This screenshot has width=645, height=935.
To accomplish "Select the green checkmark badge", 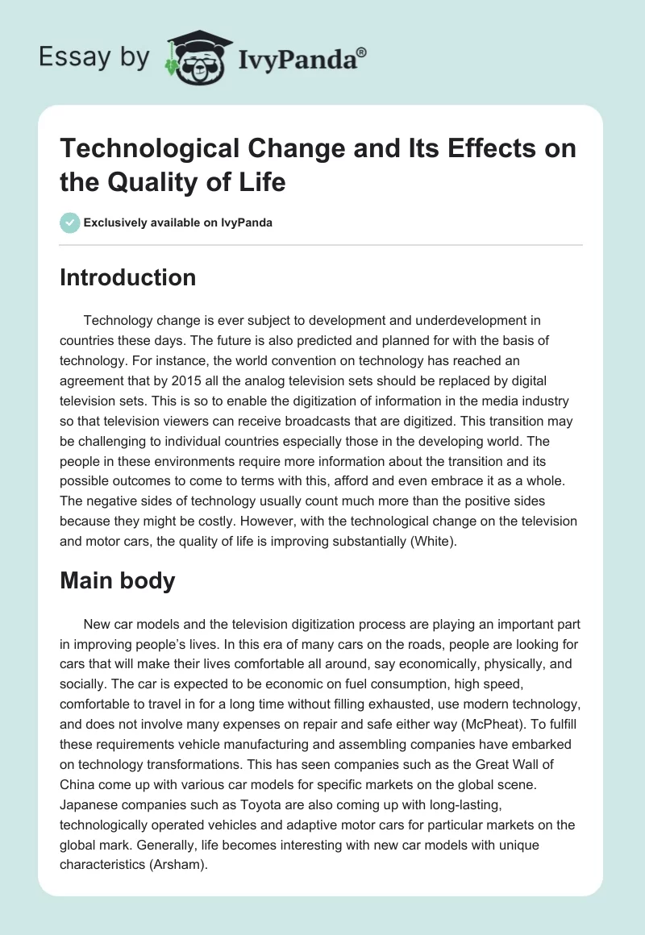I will (70, 222).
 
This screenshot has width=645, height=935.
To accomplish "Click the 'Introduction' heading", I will (128, 277).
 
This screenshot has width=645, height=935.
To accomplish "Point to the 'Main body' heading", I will (118, 581).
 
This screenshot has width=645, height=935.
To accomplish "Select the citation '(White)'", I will (431, 542).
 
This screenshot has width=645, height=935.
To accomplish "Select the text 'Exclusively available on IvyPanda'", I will (179, 222).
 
